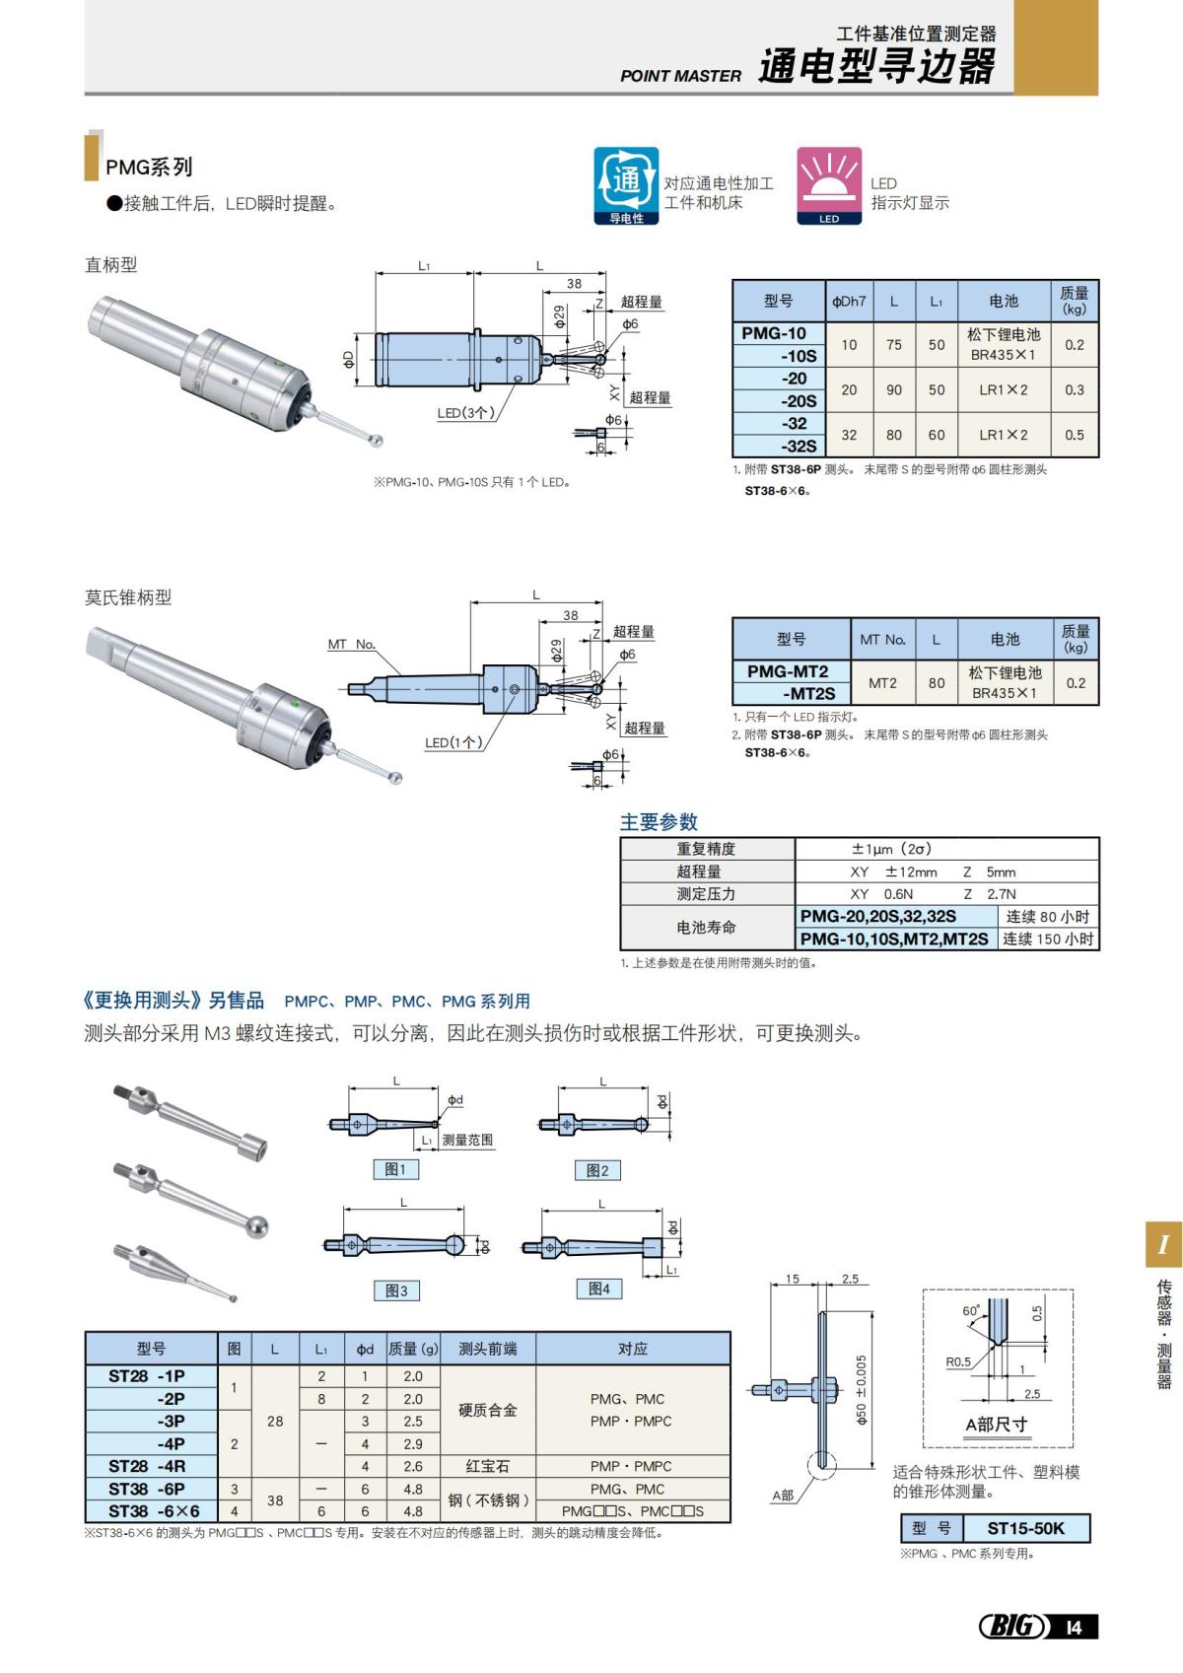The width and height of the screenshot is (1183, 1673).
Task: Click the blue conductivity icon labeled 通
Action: [626, 183]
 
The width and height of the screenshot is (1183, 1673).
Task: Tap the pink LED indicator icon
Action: [829, 183]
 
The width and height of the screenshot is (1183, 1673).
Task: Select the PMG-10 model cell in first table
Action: [775, 333]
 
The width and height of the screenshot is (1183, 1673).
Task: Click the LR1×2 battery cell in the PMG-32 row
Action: [1003, 435]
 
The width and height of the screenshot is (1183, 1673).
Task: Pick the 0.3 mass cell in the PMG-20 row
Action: [1074, 390]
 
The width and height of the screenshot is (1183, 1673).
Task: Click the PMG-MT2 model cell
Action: [788, 671]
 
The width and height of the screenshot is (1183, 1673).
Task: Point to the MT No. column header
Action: [882, 640]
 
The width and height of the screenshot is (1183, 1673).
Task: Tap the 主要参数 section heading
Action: [659, 822]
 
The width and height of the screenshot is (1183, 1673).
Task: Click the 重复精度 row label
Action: [706, 849]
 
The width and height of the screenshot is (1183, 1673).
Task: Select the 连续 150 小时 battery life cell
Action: [1048, 940]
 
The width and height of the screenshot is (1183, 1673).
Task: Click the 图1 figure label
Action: [396, 1169]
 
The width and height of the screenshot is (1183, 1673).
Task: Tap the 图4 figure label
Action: [599, 1289]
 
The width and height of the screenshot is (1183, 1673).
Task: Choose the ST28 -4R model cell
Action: [148, 1466]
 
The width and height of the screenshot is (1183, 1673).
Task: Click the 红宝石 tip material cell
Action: [487, 1466]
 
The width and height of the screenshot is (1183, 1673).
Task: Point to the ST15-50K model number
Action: [1025, 1528]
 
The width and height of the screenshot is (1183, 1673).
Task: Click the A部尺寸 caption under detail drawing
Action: [996, 1424]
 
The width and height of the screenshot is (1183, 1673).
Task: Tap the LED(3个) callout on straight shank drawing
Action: [465, 413]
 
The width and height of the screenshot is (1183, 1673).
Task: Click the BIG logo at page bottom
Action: [1012, 1626]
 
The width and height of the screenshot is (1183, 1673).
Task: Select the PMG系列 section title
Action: [149, 167]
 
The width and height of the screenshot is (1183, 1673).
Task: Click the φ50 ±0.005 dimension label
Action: [861, 1389]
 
